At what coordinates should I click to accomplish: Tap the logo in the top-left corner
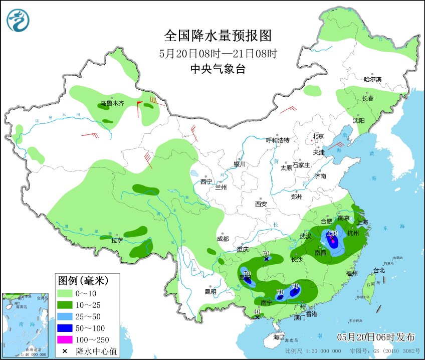[x=18, y=21]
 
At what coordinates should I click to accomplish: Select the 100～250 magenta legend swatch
[x=65, y=340]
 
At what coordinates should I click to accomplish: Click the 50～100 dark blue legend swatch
[x=65, y=328]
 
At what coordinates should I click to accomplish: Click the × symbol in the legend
[x=65, y=351]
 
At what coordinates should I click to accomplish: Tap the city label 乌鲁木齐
[x=112, y=104]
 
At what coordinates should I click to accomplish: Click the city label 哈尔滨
[x=372, y=79]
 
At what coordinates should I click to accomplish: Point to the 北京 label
[x=318, y=136]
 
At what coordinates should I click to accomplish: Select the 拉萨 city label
[x=117, y=240]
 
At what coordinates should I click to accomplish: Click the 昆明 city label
[x=210, y=292]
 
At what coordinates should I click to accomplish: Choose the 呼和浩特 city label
[x=277, y=140]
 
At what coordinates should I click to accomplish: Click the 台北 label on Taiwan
[x=379, y=270]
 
